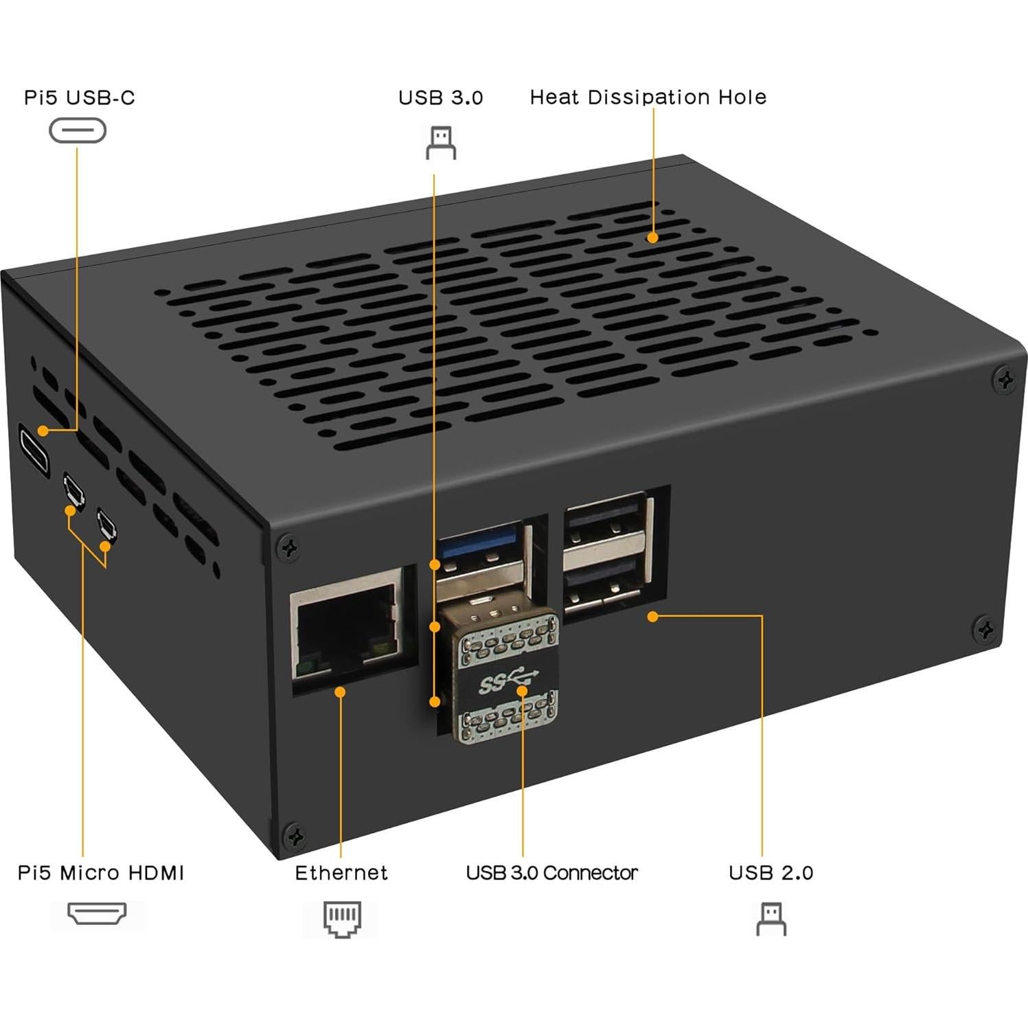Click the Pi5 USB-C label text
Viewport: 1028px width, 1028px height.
pyautogui.click(x=80, y=98)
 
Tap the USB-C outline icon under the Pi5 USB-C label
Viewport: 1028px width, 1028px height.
pyautogui.click(x=78, y=130)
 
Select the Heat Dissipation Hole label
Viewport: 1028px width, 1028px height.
pyautogui.click(x=648, y=98)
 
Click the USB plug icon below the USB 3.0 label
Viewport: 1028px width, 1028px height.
pyautogui.click(x=441, y=143)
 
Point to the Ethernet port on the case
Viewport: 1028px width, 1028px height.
pyautogui.click(x=347, y=628)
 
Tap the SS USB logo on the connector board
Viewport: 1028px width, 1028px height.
pyautogui.click(x=507, y=683)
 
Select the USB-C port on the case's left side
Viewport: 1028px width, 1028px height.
pyautogui.click(x=33, y=450)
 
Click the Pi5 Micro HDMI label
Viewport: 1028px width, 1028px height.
pyautogui.click(x=101, y=873)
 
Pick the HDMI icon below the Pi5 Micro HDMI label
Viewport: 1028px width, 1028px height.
pyautogui.click(x=97, y=913)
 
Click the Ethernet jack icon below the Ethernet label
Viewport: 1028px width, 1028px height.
pyautogui.click(x=342, y=919)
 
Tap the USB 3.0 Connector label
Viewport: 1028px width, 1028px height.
pyautogui.click(x=551, y=873)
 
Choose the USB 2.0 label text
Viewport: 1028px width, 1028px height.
pyautogui.click(x=770, y=873)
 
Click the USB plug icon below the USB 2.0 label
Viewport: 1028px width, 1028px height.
pyautogui.click(x=771, y=919)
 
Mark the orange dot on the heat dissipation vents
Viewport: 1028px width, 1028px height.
pyautogui.click(x=652, y=238)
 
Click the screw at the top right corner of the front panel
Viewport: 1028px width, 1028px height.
pyautogui.click(x=1005, y=380)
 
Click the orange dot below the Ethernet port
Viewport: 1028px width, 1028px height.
pyautogui.click(x=340, y=692)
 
